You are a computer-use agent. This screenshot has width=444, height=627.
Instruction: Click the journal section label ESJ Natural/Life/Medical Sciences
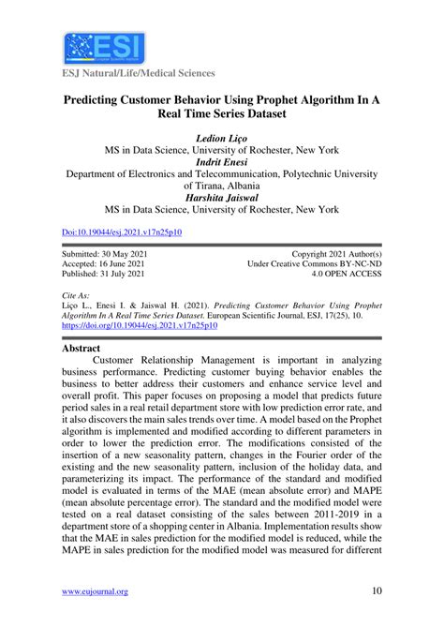(x=138, y=72)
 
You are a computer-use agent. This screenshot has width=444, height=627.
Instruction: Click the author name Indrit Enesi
(x=222, y=160)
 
